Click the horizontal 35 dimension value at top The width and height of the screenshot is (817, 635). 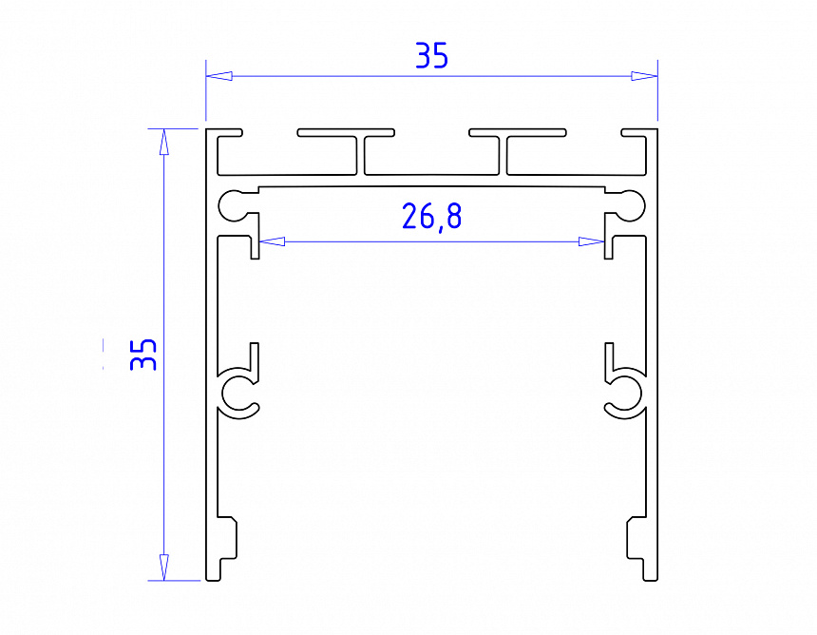[x=431, y=56]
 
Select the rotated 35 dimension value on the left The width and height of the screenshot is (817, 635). [x=143, y=355]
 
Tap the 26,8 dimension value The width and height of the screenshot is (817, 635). [x=431, y=217]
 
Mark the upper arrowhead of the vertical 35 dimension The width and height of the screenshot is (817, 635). [x=163, y=140]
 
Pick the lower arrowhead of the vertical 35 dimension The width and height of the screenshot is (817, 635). [x=163, y=568]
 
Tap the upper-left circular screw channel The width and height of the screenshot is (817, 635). [x=234, y=203]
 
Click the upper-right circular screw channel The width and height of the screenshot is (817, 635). [x=631, y=203]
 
